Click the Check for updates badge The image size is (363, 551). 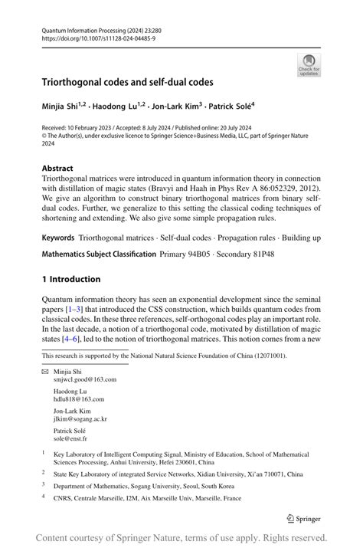point(309,64)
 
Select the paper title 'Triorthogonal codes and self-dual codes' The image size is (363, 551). point(127,80)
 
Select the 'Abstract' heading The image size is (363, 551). point(57,168)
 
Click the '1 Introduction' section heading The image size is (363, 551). point(71,279)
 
